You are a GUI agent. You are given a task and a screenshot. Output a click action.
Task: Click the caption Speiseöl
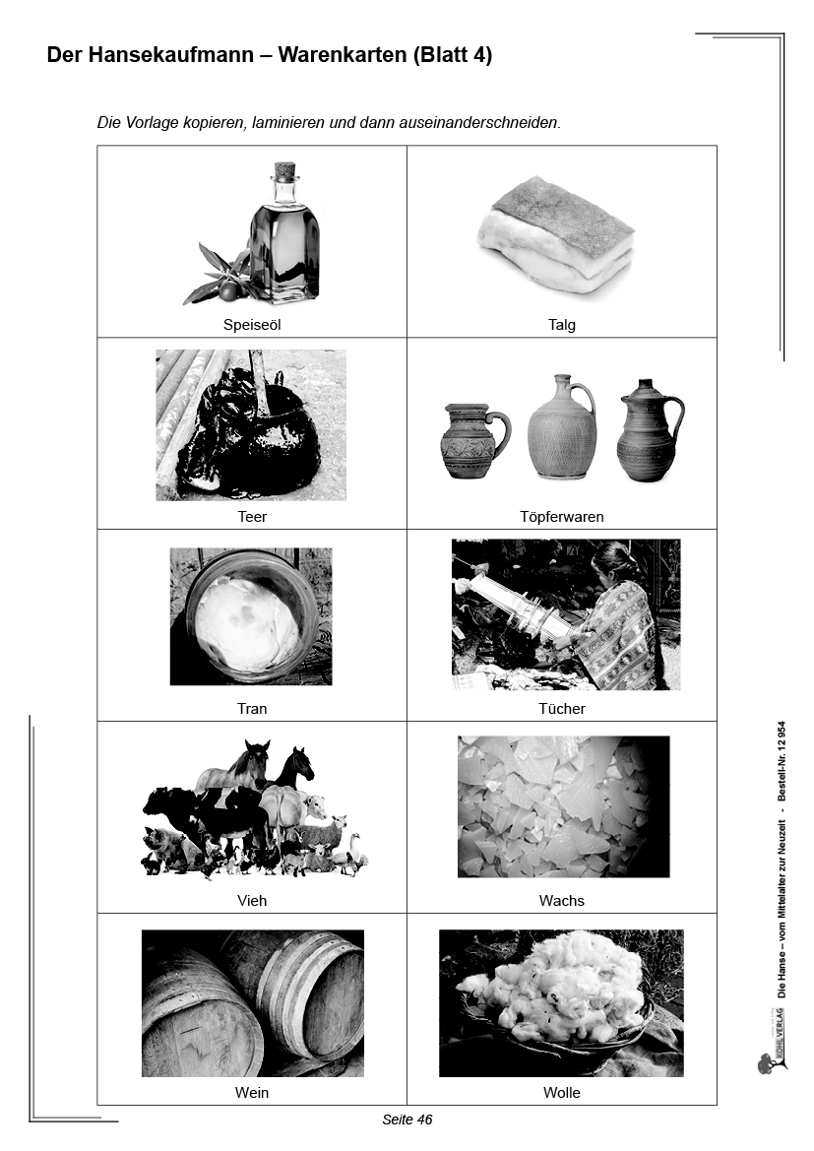[x=252, y=325]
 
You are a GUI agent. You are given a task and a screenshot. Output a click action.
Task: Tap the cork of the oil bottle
[x=284, y=170]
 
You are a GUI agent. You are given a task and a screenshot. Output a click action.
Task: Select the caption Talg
[x=561, y=325]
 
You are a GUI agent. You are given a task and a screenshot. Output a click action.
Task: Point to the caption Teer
[x=252, y=516]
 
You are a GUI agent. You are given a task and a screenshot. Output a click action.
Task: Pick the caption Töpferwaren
[x=561, y=516]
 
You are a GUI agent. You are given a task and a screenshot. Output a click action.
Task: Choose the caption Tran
[x=252, y=708]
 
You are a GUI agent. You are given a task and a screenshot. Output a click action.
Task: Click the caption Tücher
[x=561, y=708]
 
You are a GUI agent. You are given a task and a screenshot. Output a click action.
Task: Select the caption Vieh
[x=252, y=900]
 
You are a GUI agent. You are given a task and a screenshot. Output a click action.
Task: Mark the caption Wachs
[x=561, y=900]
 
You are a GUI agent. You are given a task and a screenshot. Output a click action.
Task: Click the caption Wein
[x=252, y=1092]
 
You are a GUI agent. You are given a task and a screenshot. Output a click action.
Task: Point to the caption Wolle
[x=561, y=1092]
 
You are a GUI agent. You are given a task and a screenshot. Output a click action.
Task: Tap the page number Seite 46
[x=407, y=1119]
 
